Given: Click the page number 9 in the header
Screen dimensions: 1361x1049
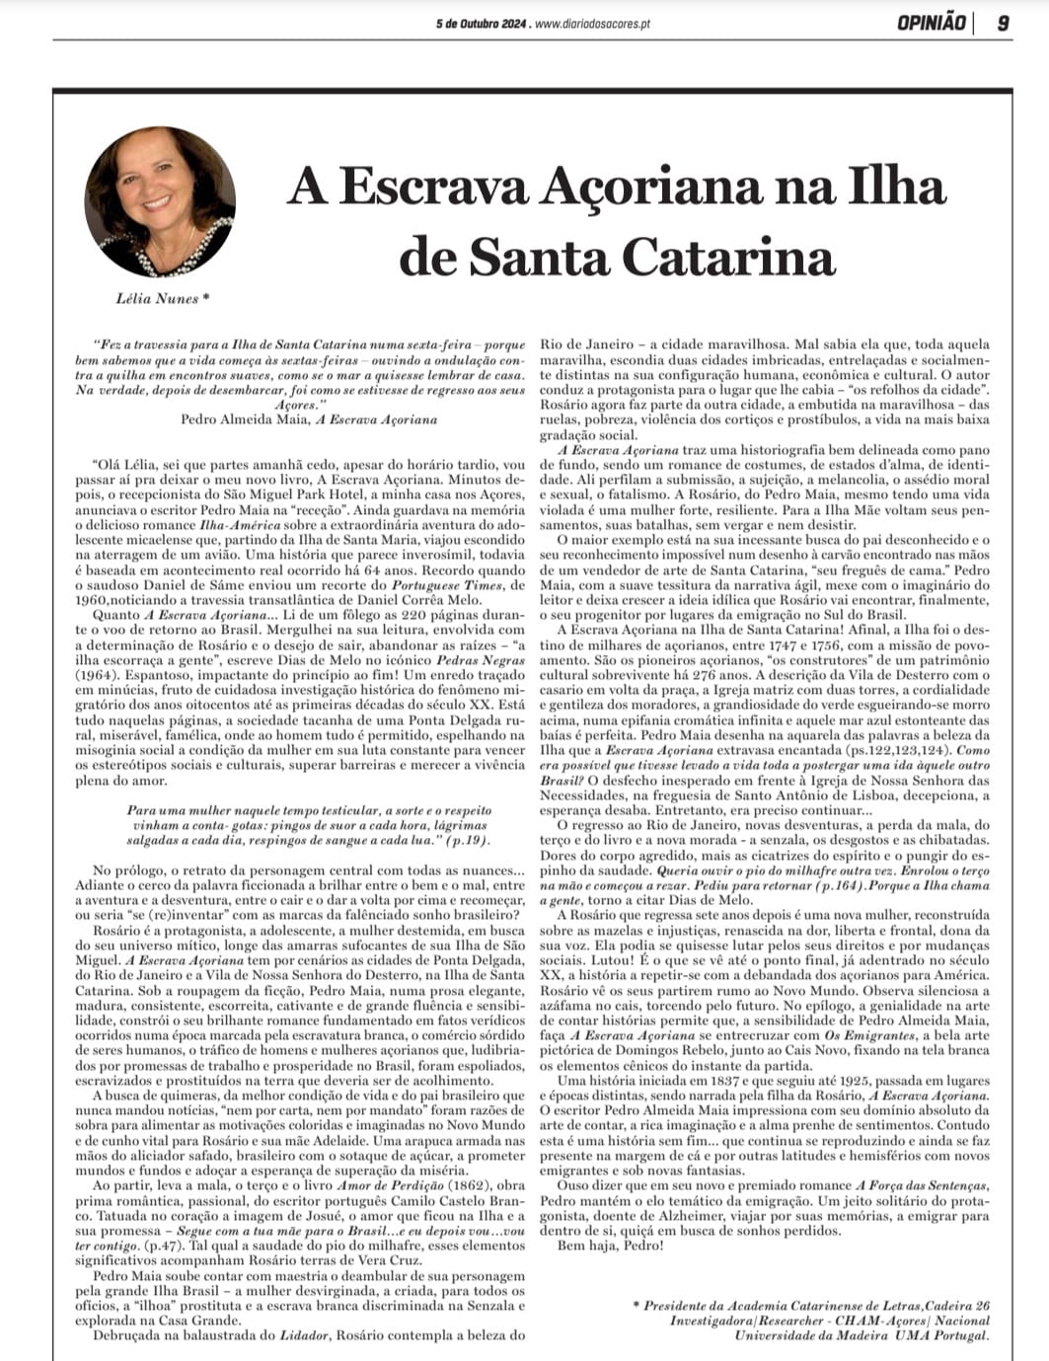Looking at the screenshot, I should click(1002, 23).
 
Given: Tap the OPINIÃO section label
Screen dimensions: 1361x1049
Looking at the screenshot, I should click(932, 23).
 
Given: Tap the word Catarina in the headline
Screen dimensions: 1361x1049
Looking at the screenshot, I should click(728, 257).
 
